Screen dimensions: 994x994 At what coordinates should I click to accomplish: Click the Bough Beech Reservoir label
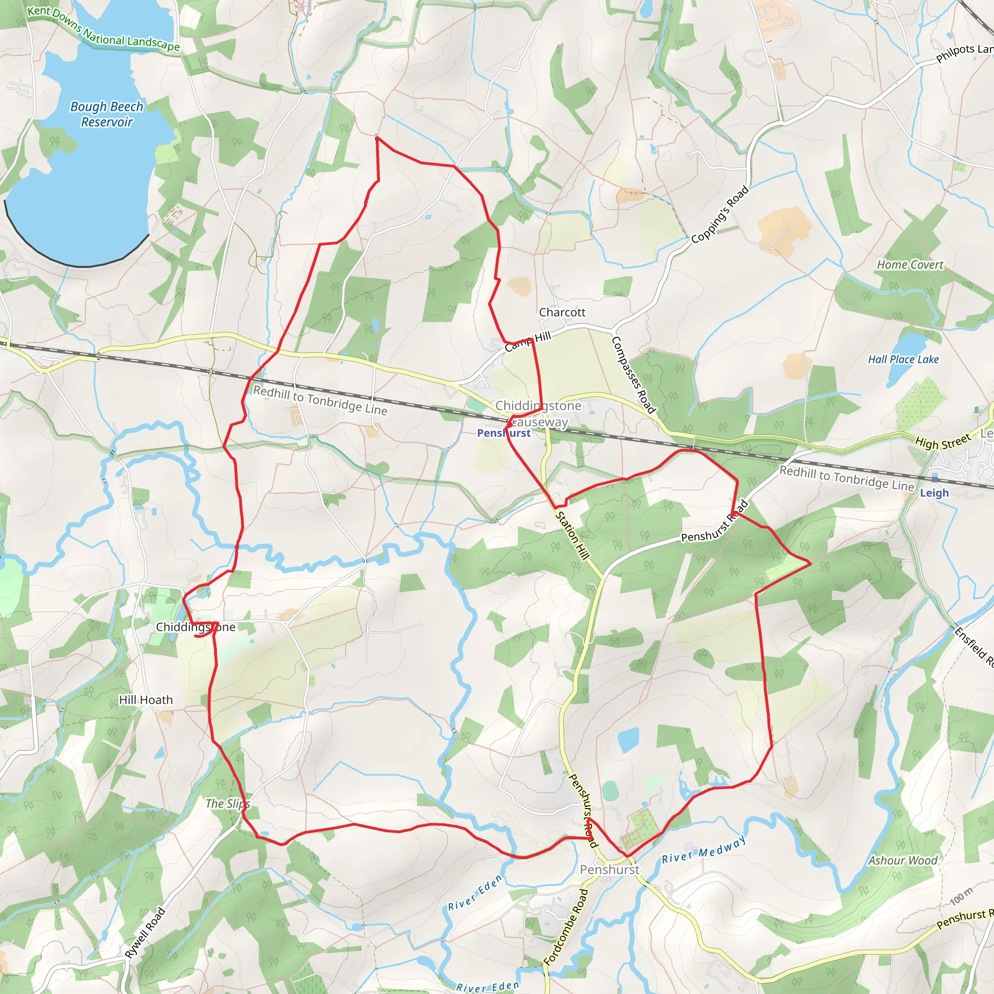tap(106, 114)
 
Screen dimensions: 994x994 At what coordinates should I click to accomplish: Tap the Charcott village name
tap(562, 312)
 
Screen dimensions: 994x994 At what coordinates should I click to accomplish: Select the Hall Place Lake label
tap(903, 360)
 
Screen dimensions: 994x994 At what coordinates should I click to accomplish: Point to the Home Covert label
tap(910, 265)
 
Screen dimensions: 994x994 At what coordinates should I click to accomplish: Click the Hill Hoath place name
tap(146, 700)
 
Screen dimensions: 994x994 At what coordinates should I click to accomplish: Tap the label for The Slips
tap(228, 804)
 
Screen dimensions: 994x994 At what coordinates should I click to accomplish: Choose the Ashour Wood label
tap(903, 860)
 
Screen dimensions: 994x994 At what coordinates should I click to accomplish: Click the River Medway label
tap(703, 849)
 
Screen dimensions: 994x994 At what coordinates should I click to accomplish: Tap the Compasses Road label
tap(633, 375)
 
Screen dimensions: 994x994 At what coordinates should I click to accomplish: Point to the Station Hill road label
tap(572, 535)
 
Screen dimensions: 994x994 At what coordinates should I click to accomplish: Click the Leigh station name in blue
tap(934, 493)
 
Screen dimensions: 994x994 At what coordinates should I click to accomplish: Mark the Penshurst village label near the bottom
tap(610, 869)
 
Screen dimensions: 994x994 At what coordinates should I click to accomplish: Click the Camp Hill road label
tap(528, 342)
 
